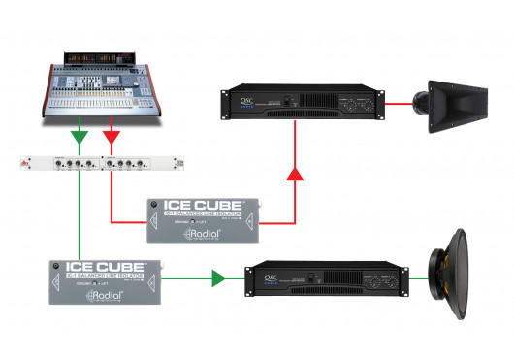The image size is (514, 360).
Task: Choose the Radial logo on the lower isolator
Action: click(x=105, y=293)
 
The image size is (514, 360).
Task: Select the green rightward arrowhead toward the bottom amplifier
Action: click(x=219, y=279)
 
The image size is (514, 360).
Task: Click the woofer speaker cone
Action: click(x=463, y=280)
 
